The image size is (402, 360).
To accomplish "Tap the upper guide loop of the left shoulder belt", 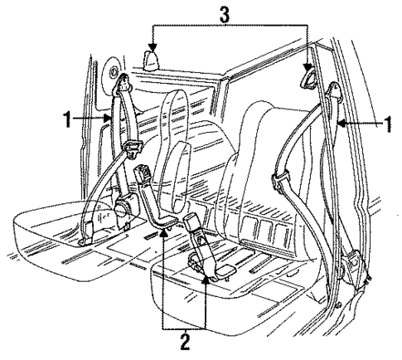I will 124,83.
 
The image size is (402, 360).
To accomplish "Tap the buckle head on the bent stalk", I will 142,175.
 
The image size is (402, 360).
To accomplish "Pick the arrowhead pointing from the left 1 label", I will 110,119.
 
